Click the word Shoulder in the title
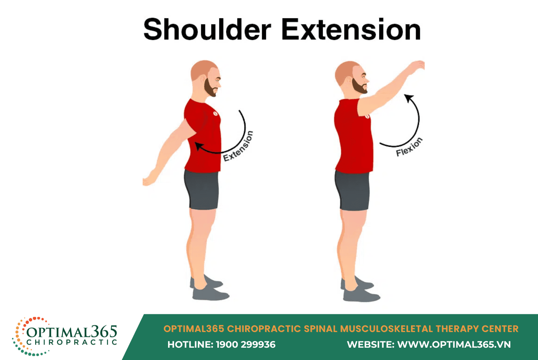click(x=207, y=29)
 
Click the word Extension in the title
click(x=351, y=29)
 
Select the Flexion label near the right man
click(x=409, y=147)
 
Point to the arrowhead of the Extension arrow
click(x=198, y=146)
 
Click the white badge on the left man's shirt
click(x=215, y=113)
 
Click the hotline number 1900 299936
click(x=245, y=345)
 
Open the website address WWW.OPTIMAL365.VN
click(x=454, y=345)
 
